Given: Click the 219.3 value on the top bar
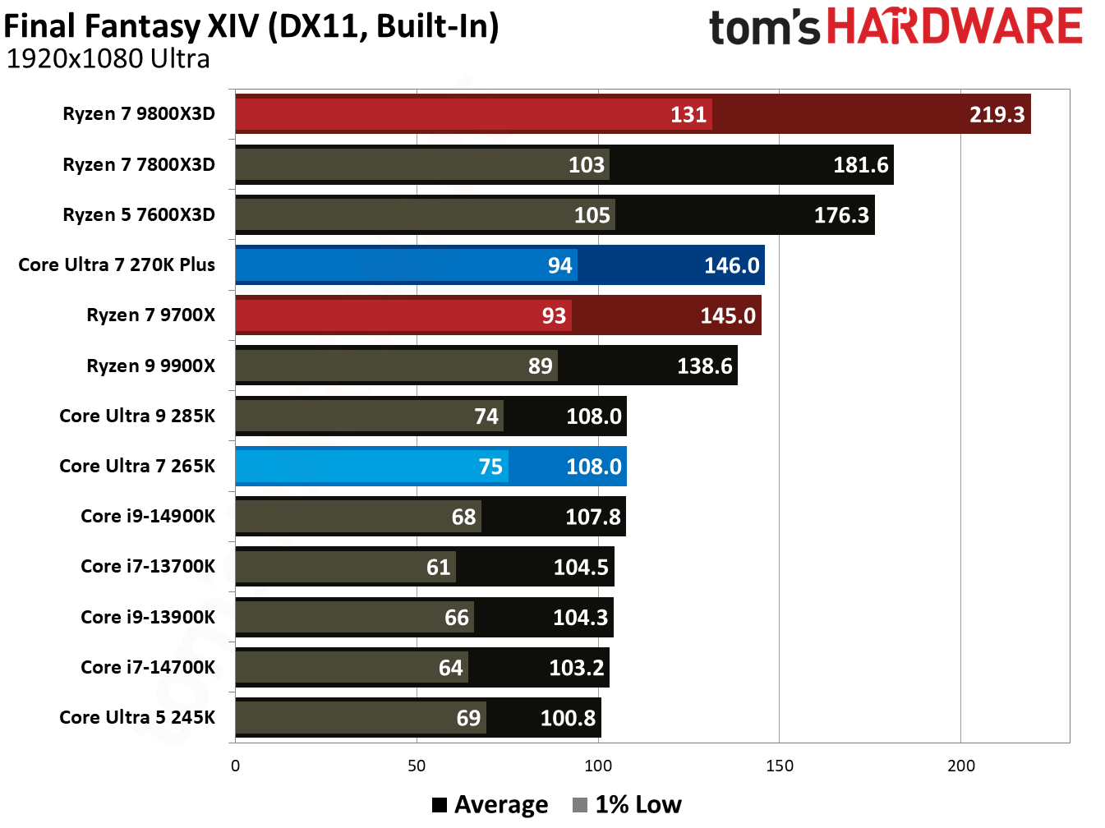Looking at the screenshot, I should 997,114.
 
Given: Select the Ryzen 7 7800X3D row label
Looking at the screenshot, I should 139,164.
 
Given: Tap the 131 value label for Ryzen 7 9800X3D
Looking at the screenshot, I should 688,114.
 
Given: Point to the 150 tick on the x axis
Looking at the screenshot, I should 779,766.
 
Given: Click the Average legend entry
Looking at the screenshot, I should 490,804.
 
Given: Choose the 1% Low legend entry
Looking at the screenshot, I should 628,804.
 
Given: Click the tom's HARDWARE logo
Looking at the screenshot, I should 896,27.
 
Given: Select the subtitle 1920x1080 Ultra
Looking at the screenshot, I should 108,59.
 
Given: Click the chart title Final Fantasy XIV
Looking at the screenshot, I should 251,26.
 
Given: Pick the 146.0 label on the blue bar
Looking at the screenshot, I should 731,265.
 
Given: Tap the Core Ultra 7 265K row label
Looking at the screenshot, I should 137,466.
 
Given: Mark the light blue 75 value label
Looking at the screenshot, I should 490,467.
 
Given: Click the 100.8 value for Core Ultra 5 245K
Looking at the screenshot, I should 568,718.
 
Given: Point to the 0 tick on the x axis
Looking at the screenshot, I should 236,766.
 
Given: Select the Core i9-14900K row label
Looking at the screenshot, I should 148,516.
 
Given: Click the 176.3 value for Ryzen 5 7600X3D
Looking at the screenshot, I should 841,215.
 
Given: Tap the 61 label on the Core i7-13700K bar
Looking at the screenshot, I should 439,567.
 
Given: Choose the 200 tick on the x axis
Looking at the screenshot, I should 960,766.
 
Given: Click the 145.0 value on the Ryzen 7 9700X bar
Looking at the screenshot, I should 728,315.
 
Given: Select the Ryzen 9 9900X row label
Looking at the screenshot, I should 150,366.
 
